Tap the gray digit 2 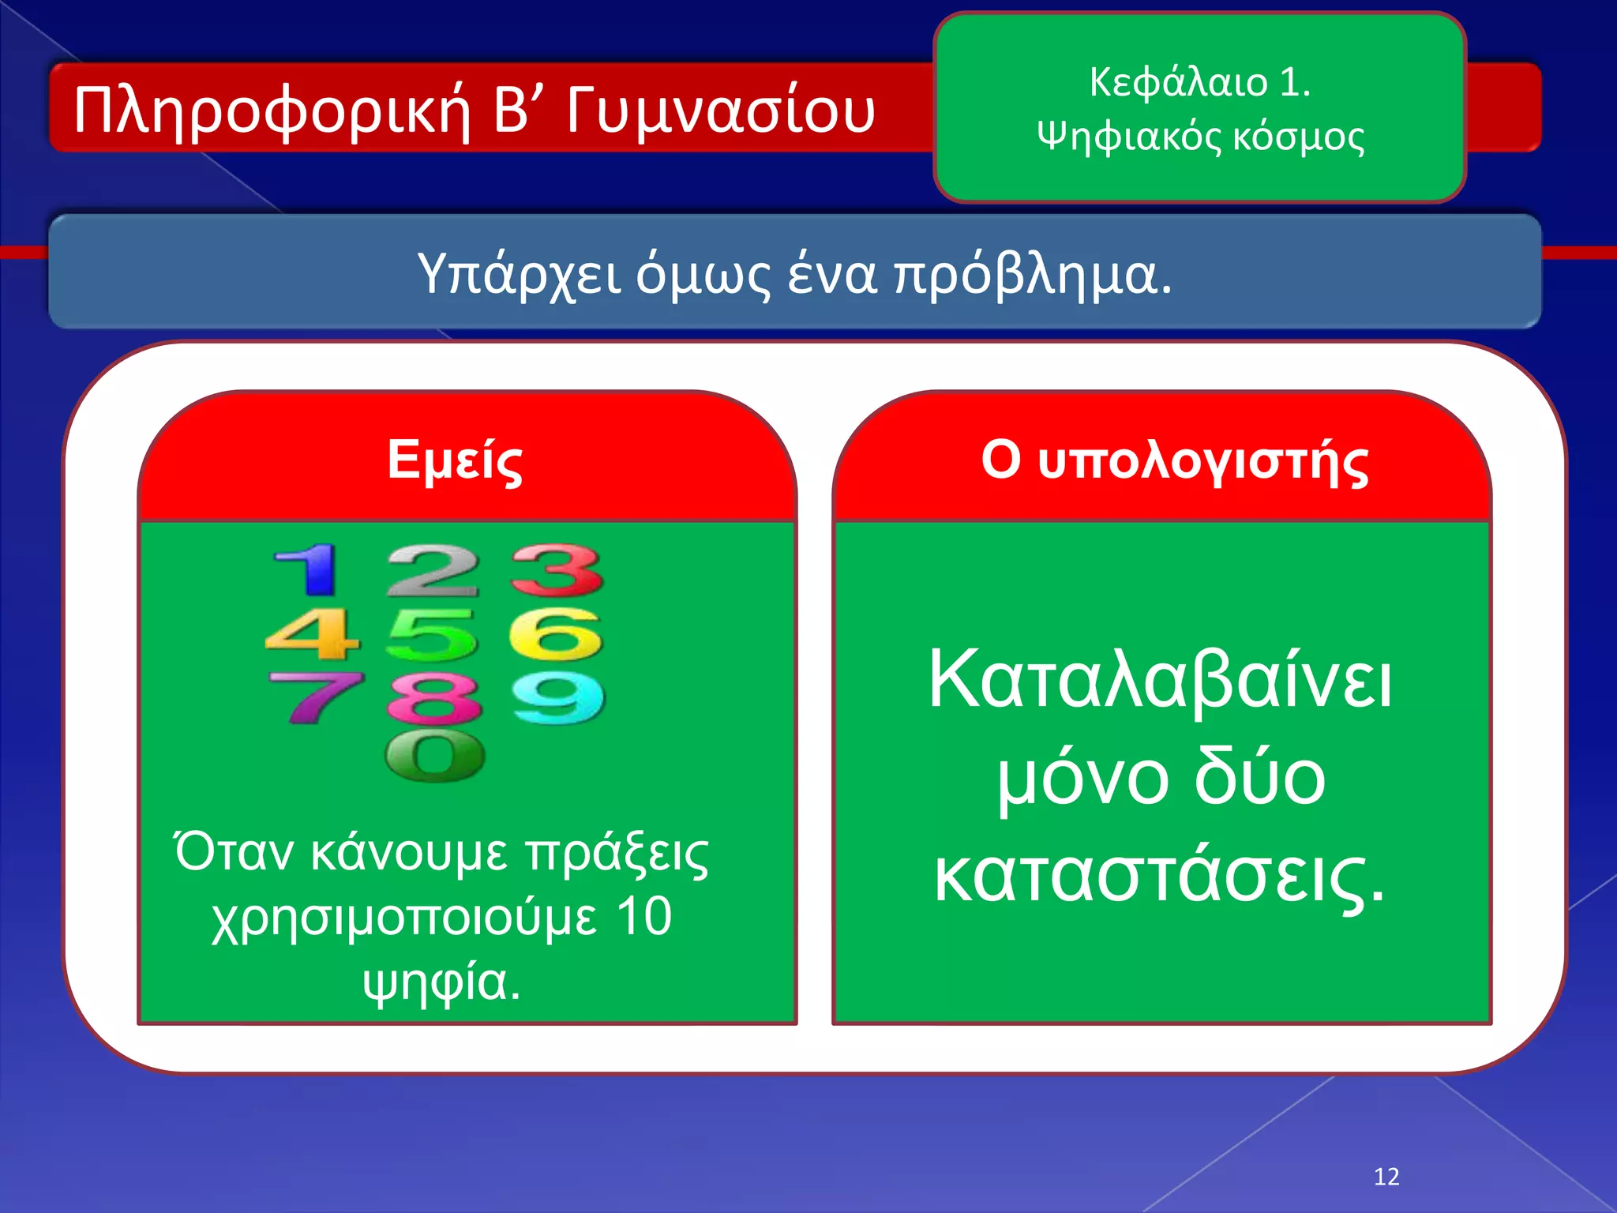coord(433,570)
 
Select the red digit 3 coord(557,570)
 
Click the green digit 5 coord(433,634)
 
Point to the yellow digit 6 coord(557,634)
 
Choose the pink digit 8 coord(434,698)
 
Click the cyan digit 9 coord(558,698)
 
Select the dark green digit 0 coord(434,756)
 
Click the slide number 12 coord(1386,1177)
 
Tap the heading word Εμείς coord(455,461)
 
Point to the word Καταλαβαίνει coord(1160,680)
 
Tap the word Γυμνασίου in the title coord(720,111)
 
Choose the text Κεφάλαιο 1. coord(1199,82)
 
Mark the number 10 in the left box coord(643,917)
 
